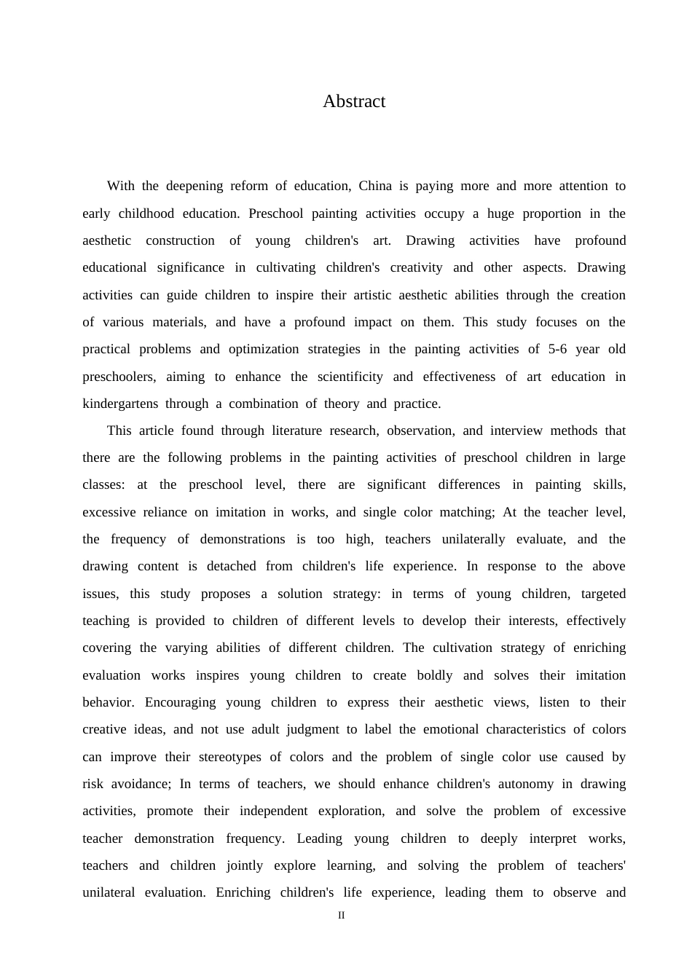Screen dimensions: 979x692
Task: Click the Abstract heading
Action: (x=354, y=101)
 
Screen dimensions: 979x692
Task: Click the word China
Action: (x=375, y=186)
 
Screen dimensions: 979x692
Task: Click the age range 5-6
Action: (x=557, y=349)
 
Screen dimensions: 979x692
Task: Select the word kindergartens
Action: (x=119, y=404)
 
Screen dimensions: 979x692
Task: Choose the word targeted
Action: (x=603, y=594)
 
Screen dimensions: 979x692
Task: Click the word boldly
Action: (x=435, y=675)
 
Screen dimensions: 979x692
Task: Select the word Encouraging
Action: (x=180, y=702)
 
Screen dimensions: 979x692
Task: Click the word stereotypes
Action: (x=231, y=757)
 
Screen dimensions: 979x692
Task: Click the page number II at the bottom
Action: (x=341, y=916)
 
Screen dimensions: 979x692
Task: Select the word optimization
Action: (x=264, y=349)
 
